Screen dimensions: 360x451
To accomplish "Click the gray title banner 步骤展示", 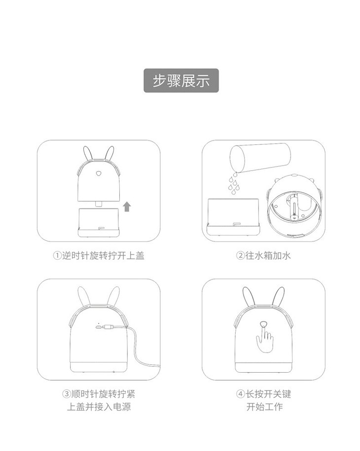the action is point(181,80).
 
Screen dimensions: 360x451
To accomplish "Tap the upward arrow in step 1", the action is point(127,207).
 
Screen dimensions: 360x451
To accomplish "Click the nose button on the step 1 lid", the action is point(99,173).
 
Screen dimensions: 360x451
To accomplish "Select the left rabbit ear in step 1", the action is point(87,153).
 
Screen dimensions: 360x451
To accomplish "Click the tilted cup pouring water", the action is point(260,158).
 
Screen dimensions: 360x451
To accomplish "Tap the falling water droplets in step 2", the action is point(234,183).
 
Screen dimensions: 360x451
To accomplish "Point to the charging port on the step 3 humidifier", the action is point(99,326).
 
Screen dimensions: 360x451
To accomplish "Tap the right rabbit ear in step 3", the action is point(113,296).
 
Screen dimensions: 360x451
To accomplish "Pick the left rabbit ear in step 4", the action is point(248,297).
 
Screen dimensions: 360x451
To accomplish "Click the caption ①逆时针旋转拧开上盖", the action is point(99,255).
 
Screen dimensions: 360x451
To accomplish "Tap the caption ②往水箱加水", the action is point(263,255).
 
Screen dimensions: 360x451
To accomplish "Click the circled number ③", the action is point(67,394).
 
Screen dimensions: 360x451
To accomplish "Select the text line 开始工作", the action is point(264,407).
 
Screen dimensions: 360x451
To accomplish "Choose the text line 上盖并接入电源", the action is point(99,407).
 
